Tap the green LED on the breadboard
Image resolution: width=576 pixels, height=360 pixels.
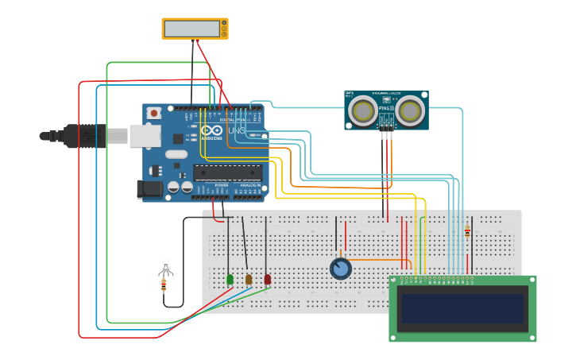pos(230,279)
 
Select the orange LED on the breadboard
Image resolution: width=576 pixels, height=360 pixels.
pos(249,279)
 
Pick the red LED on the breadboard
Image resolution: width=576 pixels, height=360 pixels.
pos(268,279)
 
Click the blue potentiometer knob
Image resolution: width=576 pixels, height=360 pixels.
pos(341,269)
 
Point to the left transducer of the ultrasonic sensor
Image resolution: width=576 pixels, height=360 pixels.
pos(364,110)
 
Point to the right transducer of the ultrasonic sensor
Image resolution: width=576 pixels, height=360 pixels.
pos(410,110)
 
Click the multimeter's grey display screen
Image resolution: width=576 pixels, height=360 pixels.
pos(191,29)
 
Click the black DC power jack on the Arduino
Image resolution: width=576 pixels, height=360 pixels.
pos(149,188)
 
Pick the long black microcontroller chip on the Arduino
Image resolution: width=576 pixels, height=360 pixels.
pos(227,172)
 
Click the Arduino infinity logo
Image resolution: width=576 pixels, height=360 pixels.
pos(211,130)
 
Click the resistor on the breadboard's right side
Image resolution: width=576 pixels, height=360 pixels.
pos(467,231)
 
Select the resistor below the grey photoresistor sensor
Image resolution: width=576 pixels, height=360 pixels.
pos(164,285)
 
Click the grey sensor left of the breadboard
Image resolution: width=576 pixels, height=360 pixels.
pos(165,267)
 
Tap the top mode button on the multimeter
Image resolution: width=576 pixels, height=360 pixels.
pos(224,23)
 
